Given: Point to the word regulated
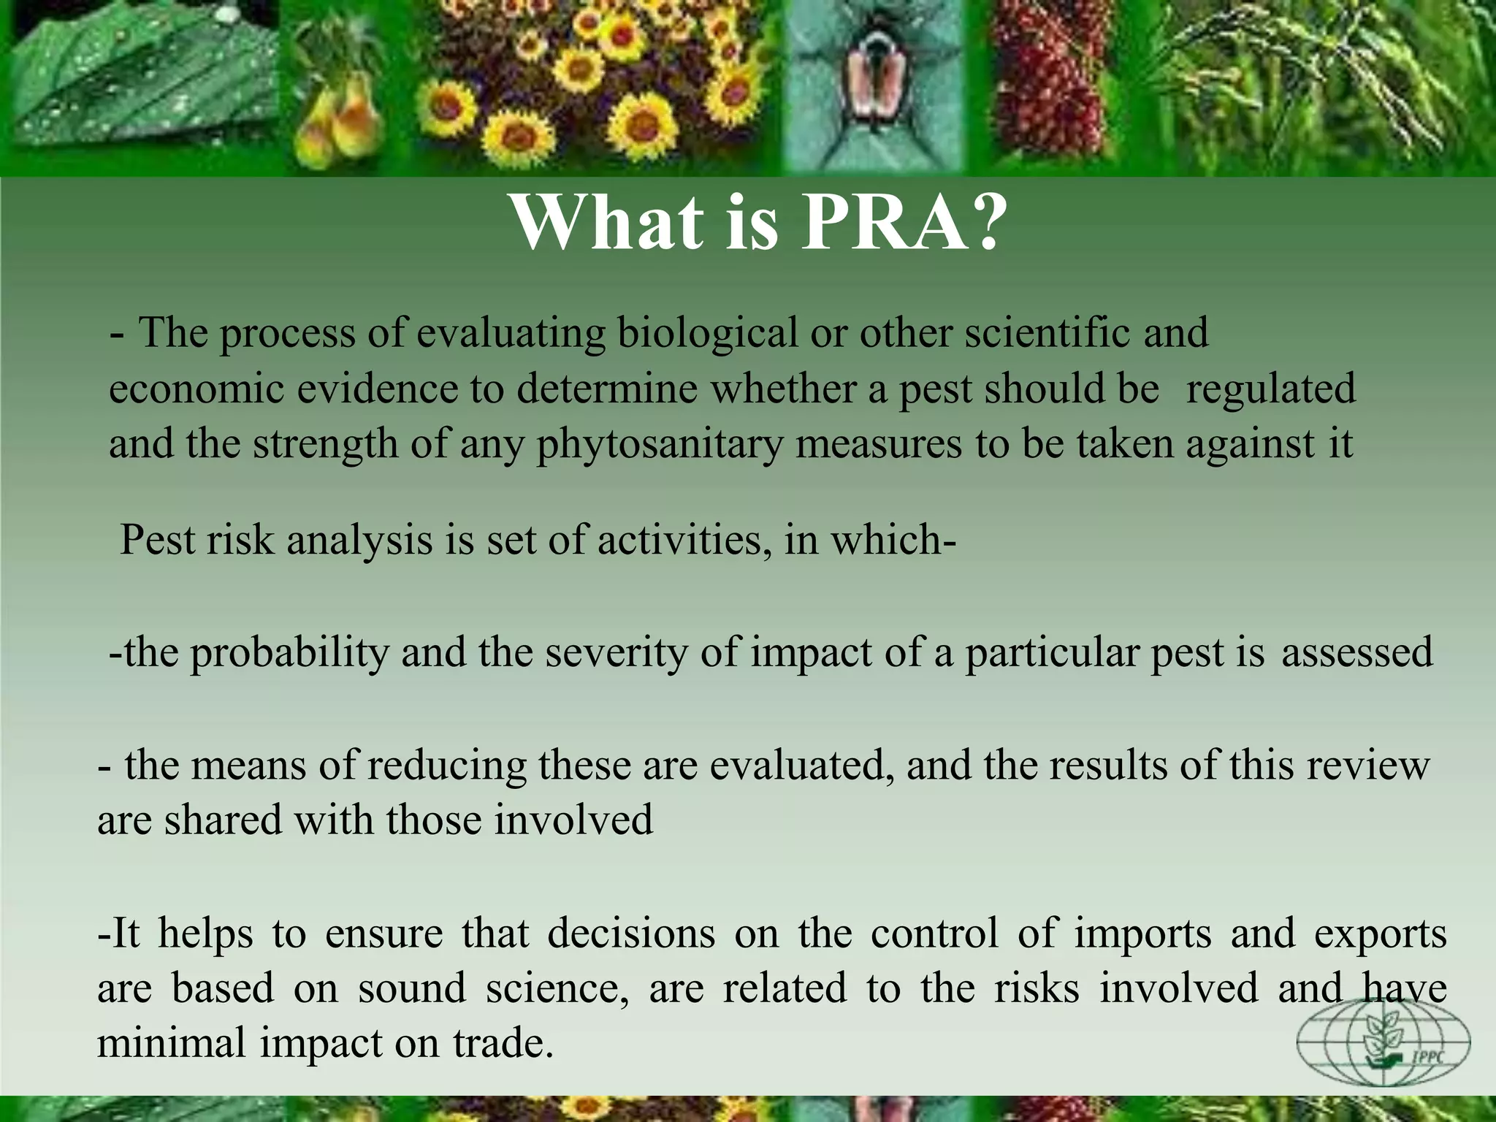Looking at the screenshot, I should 1270,389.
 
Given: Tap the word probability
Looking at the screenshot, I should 289,652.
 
